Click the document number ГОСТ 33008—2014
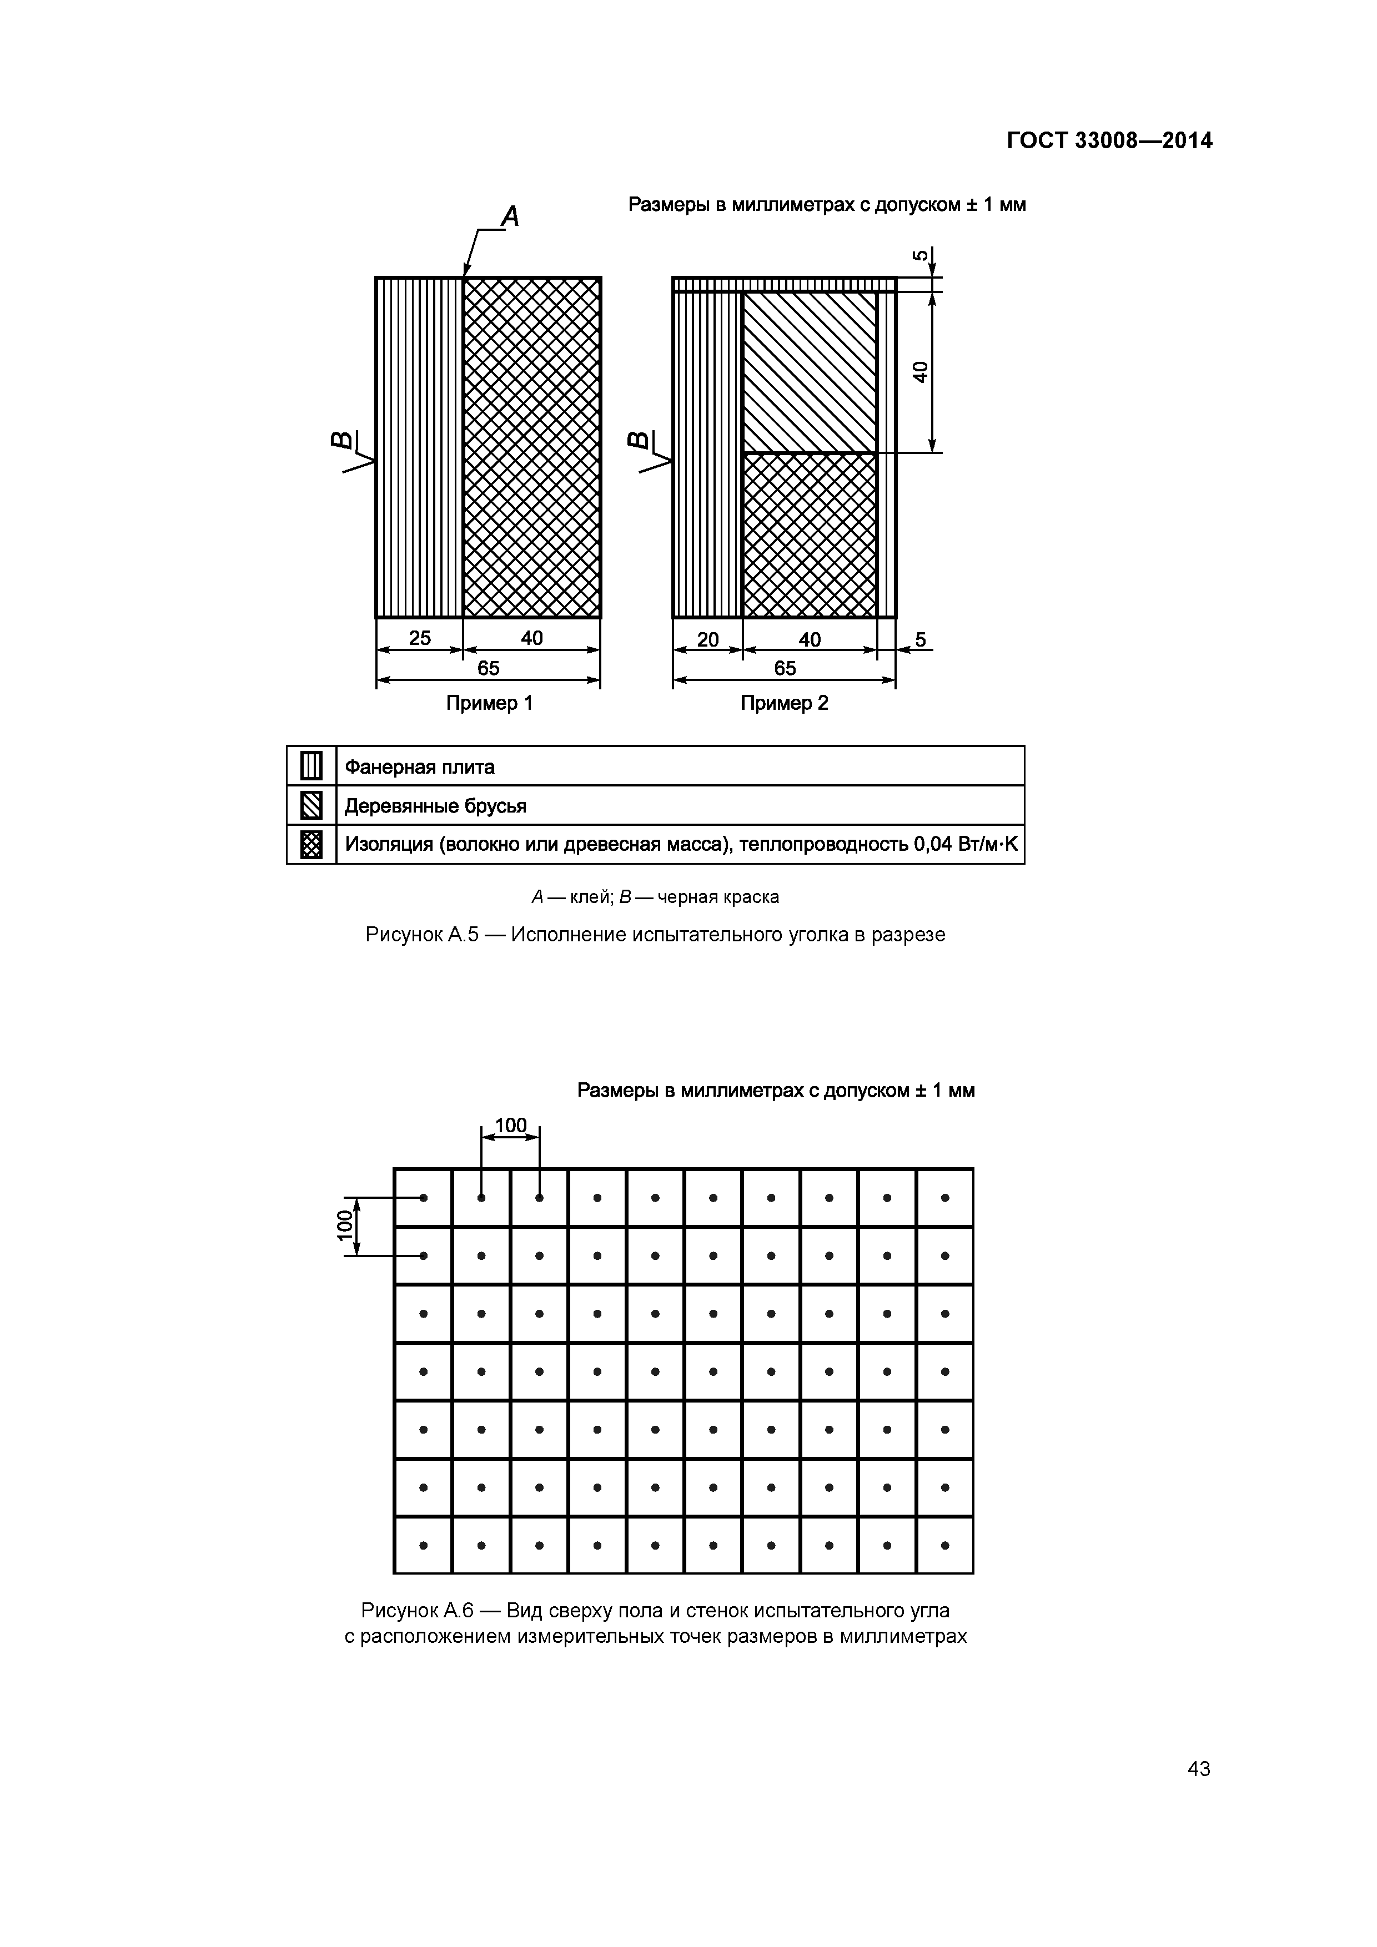coord(1109,141)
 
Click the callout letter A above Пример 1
coord(510,217)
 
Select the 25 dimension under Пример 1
coord(420,638)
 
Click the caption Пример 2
coord(784,703)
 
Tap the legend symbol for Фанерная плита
coord(311,766)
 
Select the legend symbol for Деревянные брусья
coord(311,805)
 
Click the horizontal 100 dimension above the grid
coord(511,1125)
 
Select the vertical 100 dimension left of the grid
coord(344,1226)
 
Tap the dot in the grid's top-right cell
coord(944,1197)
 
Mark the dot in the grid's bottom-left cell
coord(423,1545)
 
